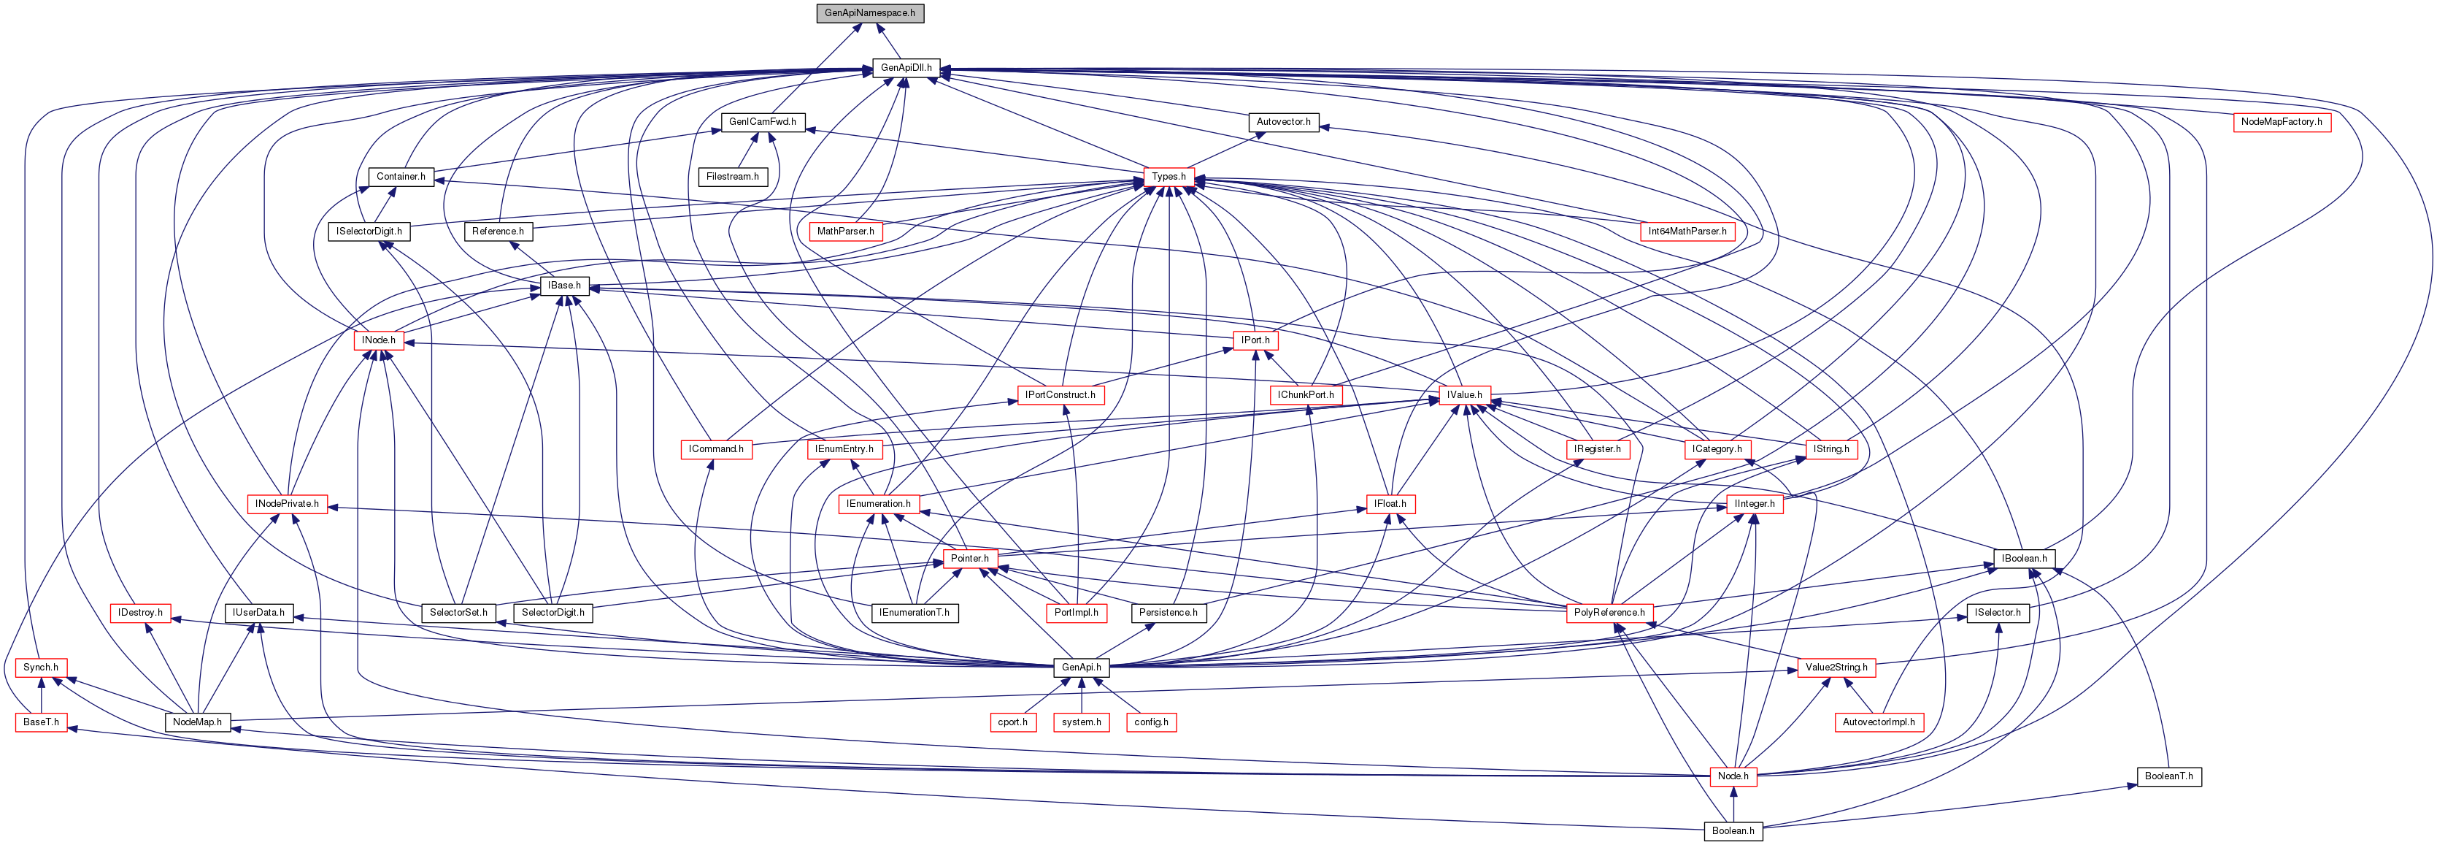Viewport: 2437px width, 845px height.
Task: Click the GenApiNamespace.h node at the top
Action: [869, 13]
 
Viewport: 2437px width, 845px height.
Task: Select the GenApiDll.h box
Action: [905, 68]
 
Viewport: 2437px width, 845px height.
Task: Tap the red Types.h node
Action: [1169, 177]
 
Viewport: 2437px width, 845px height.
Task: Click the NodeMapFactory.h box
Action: [2281, 122]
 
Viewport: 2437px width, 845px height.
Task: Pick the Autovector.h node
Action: [1283, 122]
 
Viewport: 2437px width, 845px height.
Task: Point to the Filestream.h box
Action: [732, 177]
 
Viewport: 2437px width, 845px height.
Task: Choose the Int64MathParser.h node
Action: [1687, 231]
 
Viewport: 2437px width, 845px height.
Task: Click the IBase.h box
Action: [564, 286]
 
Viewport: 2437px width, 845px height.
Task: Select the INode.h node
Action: [378, 340]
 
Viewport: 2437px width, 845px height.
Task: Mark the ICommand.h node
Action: [716, 449]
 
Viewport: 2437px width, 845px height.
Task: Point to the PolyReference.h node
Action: [1609, 613]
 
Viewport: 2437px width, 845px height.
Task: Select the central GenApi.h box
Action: [1080, 667]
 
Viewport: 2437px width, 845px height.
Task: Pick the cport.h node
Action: [1012, 722]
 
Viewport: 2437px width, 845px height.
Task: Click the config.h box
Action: [1150, 722]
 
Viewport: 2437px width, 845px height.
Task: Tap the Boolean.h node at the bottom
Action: [1732, 831]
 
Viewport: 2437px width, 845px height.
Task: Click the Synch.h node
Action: [41, 667]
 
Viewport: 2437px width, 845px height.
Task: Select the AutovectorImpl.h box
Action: [1878, 722]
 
